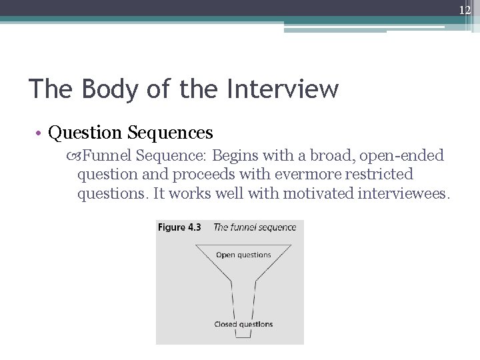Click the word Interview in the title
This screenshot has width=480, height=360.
click(x=283, y=89)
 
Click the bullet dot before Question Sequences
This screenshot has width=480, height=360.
click(x=41, y=133)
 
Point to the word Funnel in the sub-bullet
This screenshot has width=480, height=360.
click(x=107, y=156)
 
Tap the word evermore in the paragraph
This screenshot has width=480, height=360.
click(x=300, y=175)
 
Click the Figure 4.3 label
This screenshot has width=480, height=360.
click(x=179, y=227)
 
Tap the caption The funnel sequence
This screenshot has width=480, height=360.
click(x=255, y=227)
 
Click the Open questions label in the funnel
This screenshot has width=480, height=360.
click(x=243, y=255)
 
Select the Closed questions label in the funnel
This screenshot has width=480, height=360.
click(x=243, y=325)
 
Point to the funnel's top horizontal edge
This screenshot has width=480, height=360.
click(x=243, y=245)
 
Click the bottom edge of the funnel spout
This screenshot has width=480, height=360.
click(x=243, y=337)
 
